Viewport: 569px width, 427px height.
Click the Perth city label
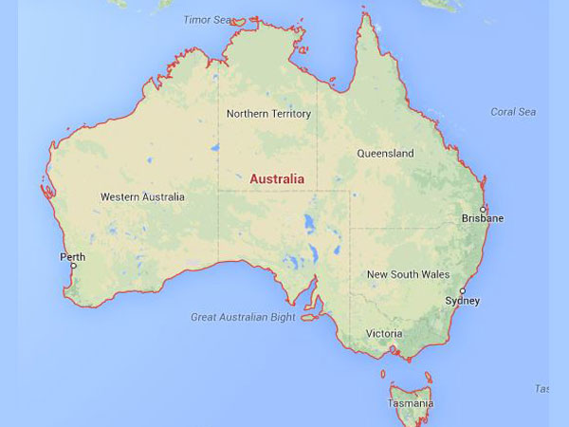point(73,257)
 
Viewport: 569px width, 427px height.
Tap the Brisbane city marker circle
point(483,209)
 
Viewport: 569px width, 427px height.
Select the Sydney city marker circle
point(463,291)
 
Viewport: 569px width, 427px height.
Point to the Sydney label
point(463,302)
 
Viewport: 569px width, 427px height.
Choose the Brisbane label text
point(484,219)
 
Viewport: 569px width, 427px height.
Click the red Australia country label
point(277,178)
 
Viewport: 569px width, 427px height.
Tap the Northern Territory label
point(268,114)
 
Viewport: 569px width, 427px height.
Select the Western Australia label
point(142,197)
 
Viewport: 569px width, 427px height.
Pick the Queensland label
point(385,153)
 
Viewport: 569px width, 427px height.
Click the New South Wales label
point(408,274)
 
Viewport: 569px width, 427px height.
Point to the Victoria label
point(384,334)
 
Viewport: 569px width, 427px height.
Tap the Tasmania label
point(411,403)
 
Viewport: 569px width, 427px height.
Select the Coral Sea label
point(513,112)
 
